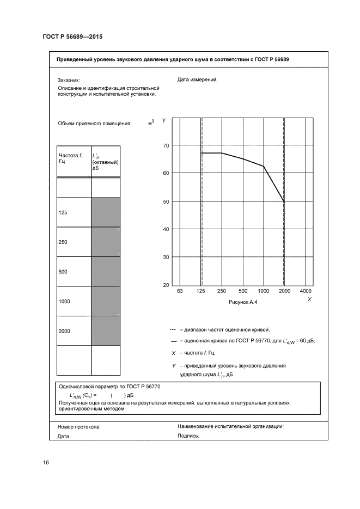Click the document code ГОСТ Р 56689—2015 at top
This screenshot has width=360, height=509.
(72, 36)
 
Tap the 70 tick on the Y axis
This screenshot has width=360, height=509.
(167, 145)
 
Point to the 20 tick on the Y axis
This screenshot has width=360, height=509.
(167, 285)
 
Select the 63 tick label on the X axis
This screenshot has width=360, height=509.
(180, 292)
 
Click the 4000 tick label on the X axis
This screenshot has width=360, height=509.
(306, 292)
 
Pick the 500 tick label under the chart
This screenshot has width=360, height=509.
(243, 292)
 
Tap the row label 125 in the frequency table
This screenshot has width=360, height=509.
(63, 212)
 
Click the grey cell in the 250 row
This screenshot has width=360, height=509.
(106, 242)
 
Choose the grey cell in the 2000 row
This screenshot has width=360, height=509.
(106, 330)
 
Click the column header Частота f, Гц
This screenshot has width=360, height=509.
(70, 158)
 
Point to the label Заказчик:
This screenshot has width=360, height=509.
(69, 80)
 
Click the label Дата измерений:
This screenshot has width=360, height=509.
(197, 79)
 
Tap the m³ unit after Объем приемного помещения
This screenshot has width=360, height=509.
(151, 123)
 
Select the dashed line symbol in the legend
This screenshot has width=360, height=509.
(173, 329)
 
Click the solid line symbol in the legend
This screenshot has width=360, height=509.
(173, 341)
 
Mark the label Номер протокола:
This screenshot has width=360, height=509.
(79, 427)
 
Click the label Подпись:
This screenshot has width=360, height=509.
(188, 436)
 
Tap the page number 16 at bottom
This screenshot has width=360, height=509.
(46, 463)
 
